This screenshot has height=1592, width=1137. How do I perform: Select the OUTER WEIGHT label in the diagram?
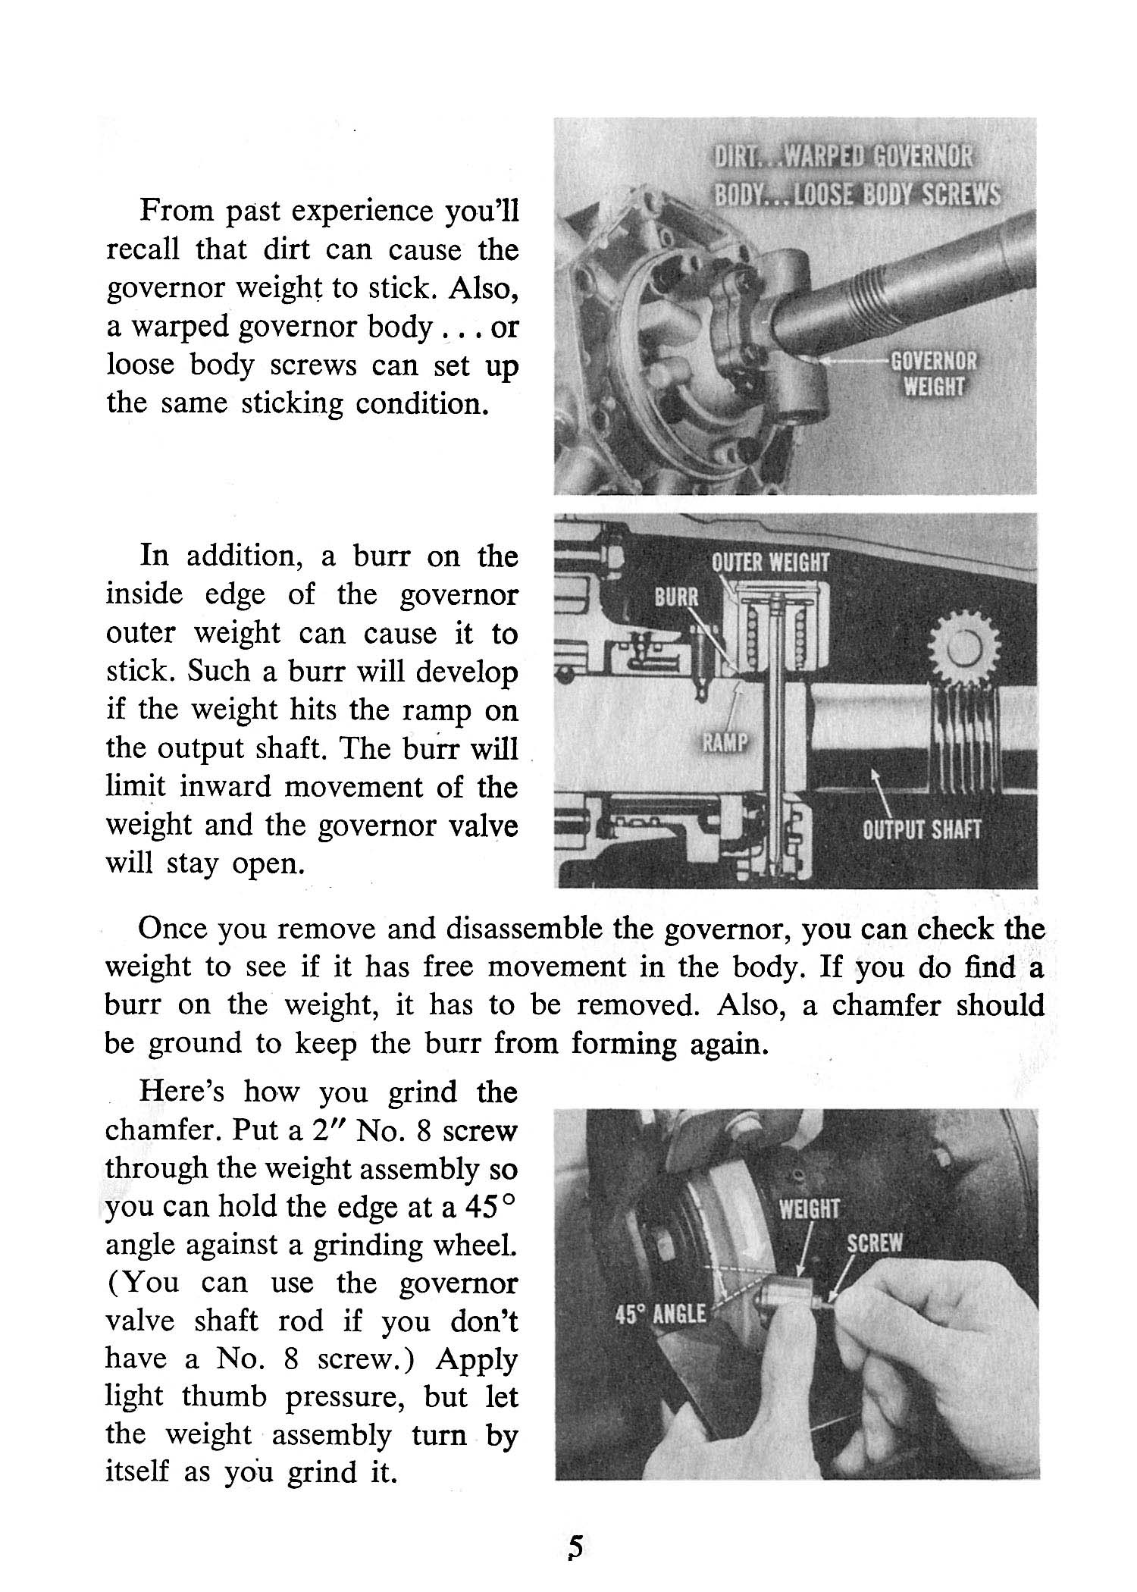(x=770, y=563)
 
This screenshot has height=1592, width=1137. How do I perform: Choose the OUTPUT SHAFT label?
(x=922, y=829)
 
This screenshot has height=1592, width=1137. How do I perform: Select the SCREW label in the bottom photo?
(x=875, y=1243)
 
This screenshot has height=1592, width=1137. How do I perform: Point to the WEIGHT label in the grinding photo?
(x=810, y=1208)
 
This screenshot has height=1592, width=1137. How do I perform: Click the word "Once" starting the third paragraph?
(x=173, y=929)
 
